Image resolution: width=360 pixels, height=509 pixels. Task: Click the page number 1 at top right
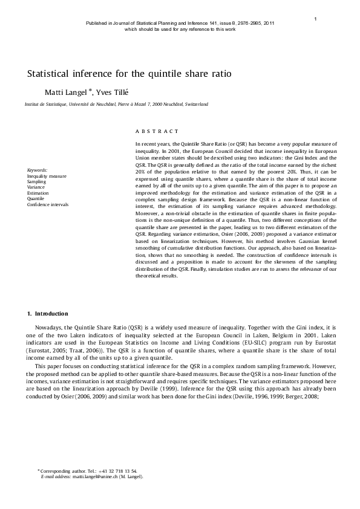click(316, 19)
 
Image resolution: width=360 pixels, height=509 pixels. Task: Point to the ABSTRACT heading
click(157, 131)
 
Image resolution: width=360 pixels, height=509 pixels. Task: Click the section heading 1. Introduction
click(48, 314)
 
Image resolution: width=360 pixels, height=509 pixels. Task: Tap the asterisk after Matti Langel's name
click(91, 89)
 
